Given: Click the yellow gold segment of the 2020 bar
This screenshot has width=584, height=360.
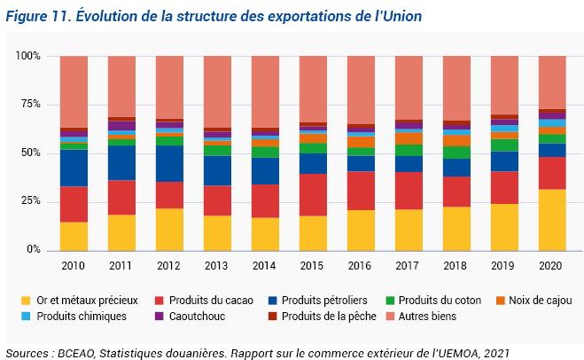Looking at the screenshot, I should tap(551, 219).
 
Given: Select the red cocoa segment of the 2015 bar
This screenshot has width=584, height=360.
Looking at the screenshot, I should tap(313, 194).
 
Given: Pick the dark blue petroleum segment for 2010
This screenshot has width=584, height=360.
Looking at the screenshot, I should tap(74, 168).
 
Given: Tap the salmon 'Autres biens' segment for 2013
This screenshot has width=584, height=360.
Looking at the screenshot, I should tap(217, 91).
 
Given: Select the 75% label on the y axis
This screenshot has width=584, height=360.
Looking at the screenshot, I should tap(30, 105).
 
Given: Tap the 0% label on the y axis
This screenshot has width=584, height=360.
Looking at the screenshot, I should tap(34, 250).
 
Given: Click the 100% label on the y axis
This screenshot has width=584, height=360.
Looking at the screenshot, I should tap(28, 56).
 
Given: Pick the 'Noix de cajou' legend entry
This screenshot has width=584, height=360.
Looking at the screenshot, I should tap(526, 300).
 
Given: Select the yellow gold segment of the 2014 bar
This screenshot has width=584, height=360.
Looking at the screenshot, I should tap(265, 233).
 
